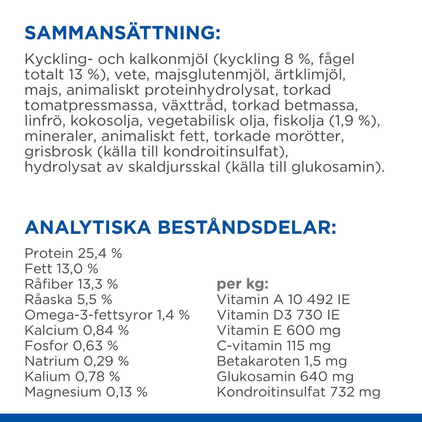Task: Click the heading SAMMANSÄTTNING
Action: coord(122,33)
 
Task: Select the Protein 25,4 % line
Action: coord(73,253)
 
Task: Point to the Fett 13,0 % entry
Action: coord(61,269)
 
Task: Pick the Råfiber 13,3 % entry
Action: coord(71,284)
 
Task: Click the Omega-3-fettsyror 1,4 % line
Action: coord(107,315)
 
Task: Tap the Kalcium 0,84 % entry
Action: coord(77,331)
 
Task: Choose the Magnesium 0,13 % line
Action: coord(86,392)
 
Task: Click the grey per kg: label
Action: coord(243,284)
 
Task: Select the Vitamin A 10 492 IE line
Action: coord(283,300)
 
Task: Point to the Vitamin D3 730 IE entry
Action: coord(278,315)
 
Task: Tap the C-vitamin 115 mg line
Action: coord(274,346)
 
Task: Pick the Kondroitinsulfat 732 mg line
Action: coord(299,392)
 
